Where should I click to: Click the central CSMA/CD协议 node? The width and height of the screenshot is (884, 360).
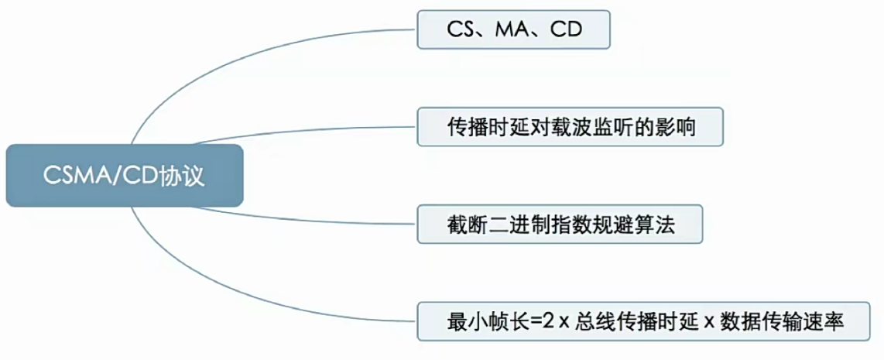pyautogui.click(x=123, y=176)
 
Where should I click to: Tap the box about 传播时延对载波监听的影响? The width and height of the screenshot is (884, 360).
pyautogui.click(x=570, y=127)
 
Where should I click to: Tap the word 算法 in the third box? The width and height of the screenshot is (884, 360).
pyautogui.click(x=659, y=225)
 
